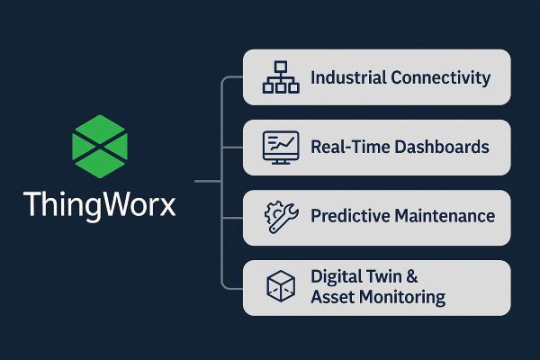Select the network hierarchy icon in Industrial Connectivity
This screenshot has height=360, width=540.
click(x=280, y=77)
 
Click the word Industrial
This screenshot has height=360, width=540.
click(x=347, y=77)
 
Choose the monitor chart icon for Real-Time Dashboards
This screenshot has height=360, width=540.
click(x=280, y=147)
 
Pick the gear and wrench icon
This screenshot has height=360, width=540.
click(x=280, y=217)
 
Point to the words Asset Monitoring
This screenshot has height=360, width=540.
click(x=377, y=296)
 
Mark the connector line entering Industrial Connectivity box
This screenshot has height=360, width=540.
click(x=232, y=77)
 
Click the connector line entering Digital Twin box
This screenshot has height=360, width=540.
click(x=232, y=287)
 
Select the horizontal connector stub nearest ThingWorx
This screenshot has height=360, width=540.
click(x=207, y=182)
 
